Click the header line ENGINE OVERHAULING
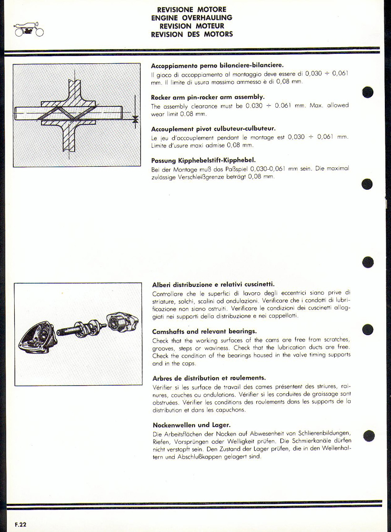191,18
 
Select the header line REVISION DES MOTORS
191,34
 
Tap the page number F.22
20,524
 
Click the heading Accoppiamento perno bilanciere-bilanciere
217,65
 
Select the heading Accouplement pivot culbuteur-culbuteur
213,129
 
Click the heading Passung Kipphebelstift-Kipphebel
204,161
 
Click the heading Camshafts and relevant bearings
204,331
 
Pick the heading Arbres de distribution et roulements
209,378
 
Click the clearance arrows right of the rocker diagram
135,119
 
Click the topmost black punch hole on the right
368,92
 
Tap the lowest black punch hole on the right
368,435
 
